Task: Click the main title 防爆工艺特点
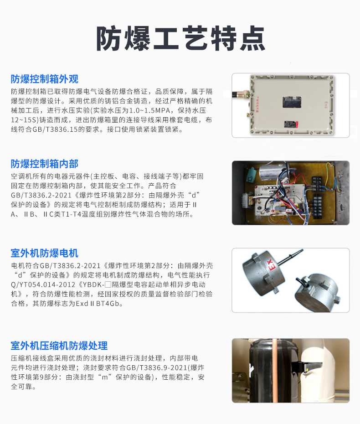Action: tap(180, 38)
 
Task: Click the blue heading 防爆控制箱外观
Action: tap(45, 79)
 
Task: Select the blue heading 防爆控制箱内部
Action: tap(45, 164)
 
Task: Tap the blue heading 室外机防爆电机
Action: tap(45, 253)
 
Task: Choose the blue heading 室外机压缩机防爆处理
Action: tap(59, 346)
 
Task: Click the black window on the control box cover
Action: tap(292, 102)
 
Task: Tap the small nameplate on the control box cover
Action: tap(291, 124)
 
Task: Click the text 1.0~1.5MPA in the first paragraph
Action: tap(149, 110)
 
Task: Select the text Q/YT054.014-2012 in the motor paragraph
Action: tap(43, 284)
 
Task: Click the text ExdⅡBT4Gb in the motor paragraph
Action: tap(98, 303)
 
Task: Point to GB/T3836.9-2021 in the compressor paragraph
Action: tap(157, 367)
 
